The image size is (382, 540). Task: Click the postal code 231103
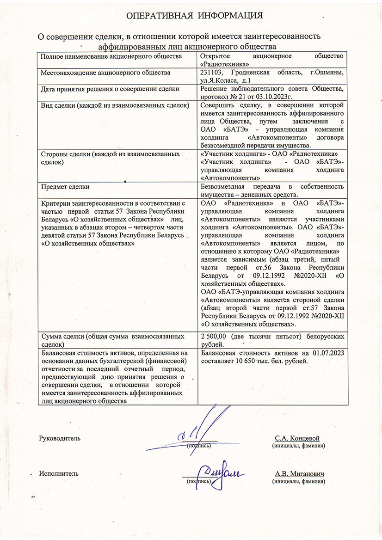pos(214,73)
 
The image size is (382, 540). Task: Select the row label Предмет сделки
pos(65,187)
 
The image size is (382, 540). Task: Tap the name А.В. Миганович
pos(299,474)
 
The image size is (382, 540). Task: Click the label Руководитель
pos(60,438)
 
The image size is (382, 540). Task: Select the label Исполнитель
pos(59,473)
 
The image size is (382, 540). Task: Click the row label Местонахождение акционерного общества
pos(99,73)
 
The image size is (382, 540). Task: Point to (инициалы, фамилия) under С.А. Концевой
pos(298,446)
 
